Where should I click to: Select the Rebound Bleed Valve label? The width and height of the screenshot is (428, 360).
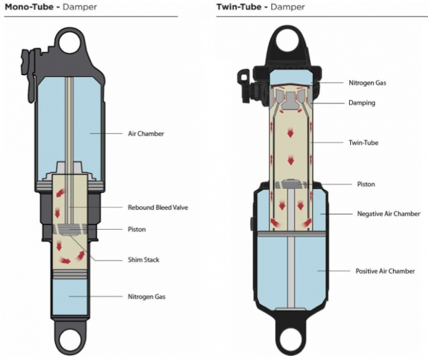point(158,207)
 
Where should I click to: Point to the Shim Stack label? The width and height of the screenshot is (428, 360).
point(144,260)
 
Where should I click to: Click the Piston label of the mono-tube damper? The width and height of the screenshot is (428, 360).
point(137,229)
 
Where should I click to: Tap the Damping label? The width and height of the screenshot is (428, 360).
point(362,103)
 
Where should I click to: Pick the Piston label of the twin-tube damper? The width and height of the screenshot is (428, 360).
point(366,184)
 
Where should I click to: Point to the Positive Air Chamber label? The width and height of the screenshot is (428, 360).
point(385,271)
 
